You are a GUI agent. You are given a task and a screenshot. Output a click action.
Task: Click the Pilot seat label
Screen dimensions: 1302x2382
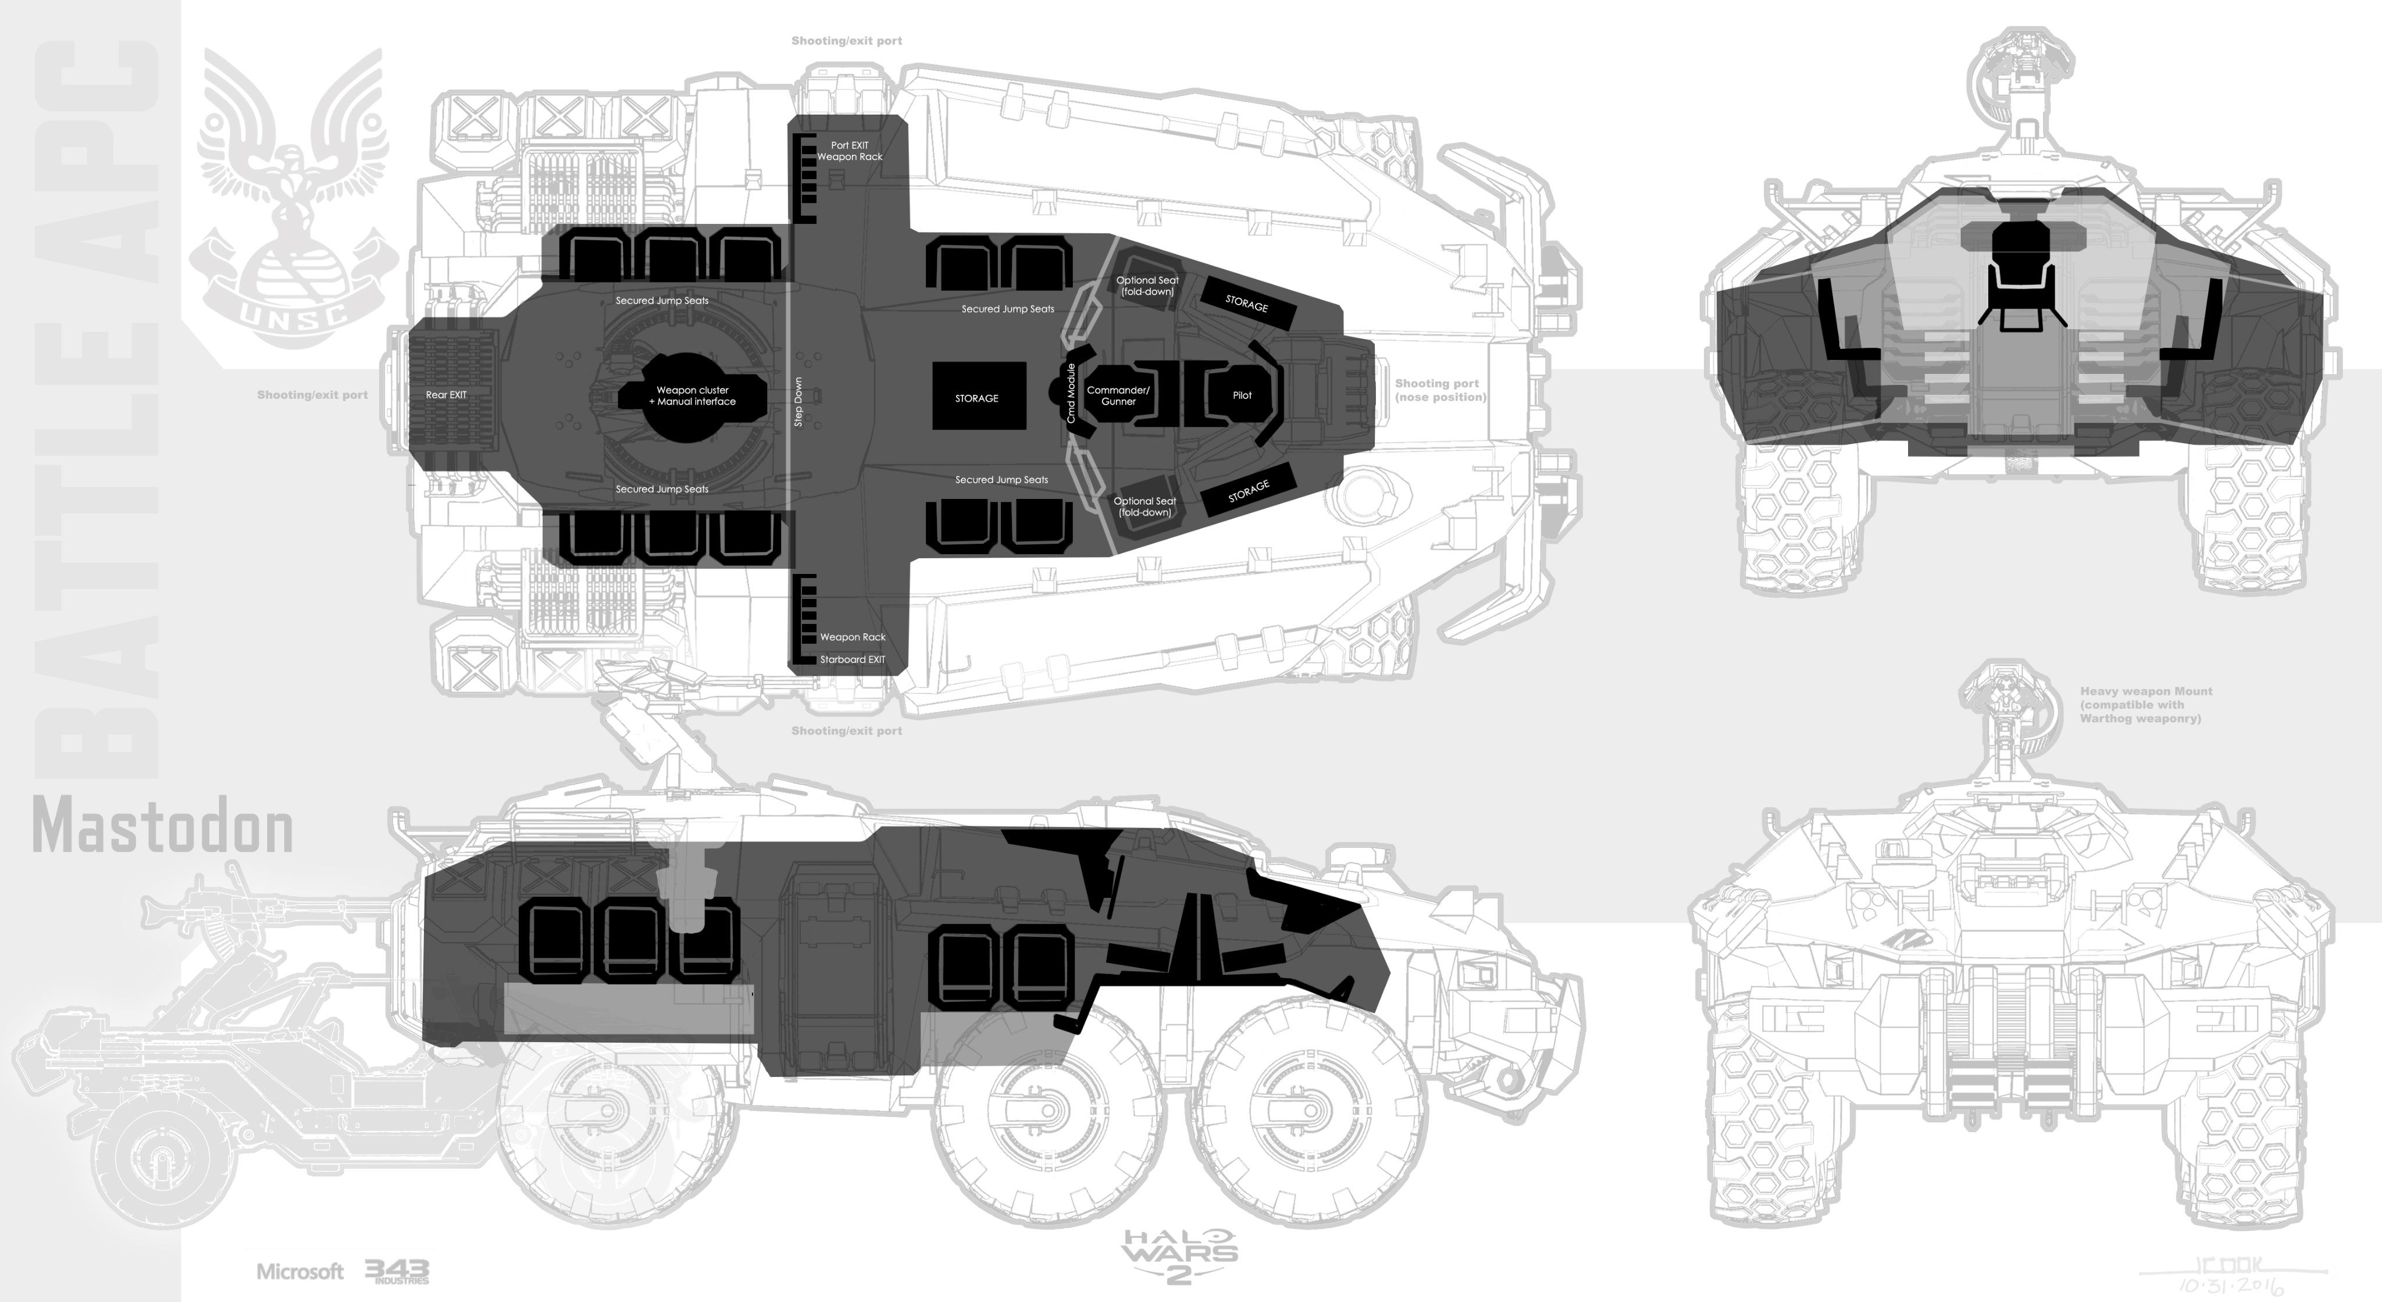(x=1242, y=395)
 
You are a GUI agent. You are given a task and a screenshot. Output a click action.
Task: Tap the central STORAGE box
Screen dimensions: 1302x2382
(x=978, y=398)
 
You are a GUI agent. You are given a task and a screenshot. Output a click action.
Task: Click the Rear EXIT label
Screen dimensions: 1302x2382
(x=445, y=395)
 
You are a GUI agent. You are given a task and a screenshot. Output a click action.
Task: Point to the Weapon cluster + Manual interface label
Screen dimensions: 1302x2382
(x=693, y=396)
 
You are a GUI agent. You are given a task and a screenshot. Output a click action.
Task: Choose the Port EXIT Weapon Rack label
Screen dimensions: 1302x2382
(x=850, y=151)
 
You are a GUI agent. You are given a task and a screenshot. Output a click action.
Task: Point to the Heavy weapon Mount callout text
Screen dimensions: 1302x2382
(x=2145, y=705)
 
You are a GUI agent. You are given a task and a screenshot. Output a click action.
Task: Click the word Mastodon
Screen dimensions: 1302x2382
(x=163, y=827)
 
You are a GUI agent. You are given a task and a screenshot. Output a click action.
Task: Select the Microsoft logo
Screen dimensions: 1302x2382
(x=299, y=1272)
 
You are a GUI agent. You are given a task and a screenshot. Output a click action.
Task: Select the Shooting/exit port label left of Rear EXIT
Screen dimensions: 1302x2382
(x=312, y=395)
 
